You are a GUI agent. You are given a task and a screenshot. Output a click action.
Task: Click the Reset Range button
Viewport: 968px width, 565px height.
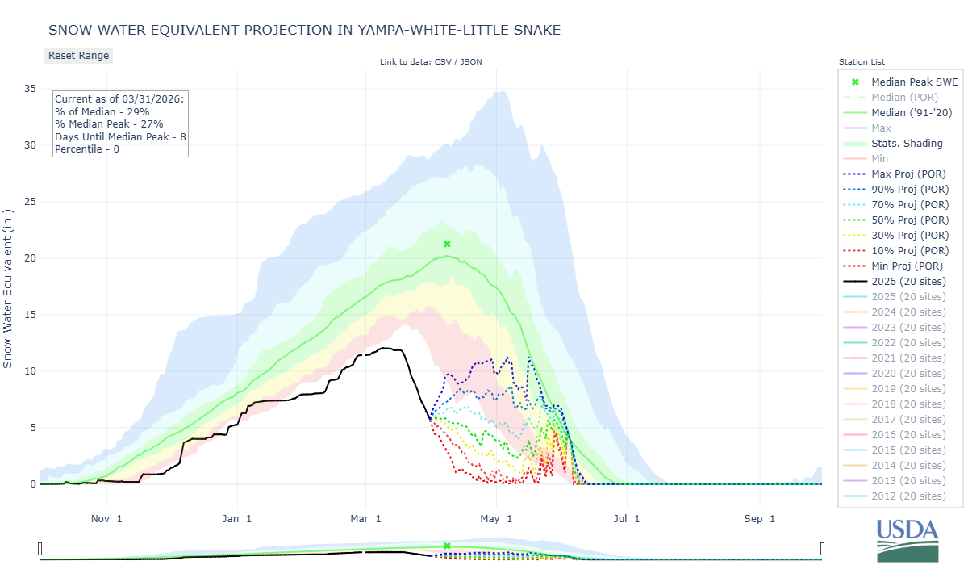(x=78, y=56)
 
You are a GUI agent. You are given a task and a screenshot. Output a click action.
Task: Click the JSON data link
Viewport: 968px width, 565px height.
(x=473, y=62)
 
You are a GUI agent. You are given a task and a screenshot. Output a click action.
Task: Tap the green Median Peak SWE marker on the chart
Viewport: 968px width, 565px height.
(x=447, y=244)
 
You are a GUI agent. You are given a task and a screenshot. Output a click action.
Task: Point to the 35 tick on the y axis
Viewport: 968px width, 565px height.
(x=30, y=89)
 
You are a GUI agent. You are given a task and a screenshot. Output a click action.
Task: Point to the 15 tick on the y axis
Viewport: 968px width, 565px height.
(x=30, y=315)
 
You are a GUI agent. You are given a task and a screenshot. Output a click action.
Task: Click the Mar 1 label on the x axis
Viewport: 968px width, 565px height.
(x=366, y=519)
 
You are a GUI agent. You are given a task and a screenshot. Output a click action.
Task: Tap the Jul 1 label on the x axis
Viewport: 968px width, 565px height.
(x=626, y=519)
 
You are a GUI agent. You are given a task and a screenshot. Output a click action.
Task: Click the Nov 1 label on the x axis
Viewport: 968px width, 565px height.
(x=107, y=519)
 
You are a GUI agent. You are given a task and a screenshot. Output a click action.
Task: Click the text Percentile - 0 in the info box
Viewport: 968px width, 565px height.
(x=87, y=149)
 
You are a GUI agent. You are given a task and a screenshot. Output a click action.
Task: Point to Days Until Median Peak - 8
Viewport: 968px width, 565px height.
(x=120, y=136)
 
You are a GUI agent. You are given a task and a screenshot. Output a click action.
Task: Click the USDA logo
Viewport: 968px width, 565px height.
(x=907, y=538)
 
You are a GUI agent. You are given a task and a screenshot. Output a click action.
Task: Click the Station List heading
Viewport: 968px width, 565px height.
(x=862, y=62)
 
